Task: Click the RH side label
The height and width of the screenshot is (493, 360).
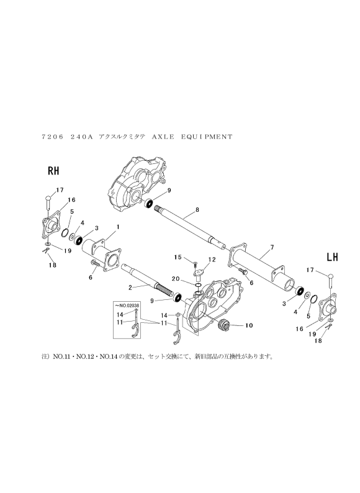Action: pyautogui.click(x=53, y=171)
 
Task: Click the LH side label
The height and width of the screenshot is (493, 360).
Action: pyautogui.click(x=332, y=257)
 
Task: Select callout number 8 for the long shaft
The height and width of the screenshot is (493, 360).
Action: pyautogui.click(x=197, y=209)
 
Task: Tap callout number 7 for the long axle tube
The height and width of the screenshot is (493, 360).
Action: pyautogui.click(x=272, y=248)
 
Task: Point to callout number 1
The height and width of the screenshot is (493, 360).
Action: pyautogui.click(x=118, y=227)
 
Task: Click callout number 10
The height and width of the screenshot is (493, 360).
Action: pyautogui.click(x=249, y=325)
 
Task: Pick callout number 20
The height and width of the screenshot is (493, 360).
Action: pyautogui.click(x=176, y=279)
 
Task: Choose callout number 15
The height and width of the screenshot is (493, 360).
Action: pyautogui.click(x=178, y=257)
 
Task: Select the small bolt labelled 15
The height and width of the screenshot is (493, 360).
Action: pyautogui.click(x=195, y=263)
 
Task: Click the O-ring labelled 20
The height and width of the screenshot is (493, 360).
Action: pyautogui.click(x=198, y=286)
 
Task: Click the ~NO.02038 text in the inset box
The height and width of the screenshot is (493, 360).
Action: pyautogui.click(x=128, y=305)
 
